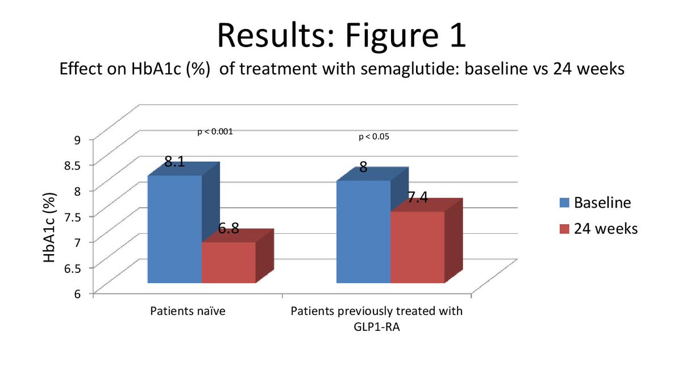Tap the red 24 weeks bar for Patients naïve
coord(228,262)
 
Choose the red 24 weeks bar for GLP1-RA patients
coord(417,247)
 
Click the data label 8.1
coord(174,162)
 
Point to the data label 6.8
coord(228,229)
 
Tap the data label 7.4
coord(418,197)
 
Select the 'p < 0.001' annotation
coord(215,131)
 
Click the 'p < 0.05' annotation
coord(374,137)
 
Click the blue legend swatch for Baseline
coord(564,203)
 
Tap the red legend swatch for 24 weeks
coord(564,229)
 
